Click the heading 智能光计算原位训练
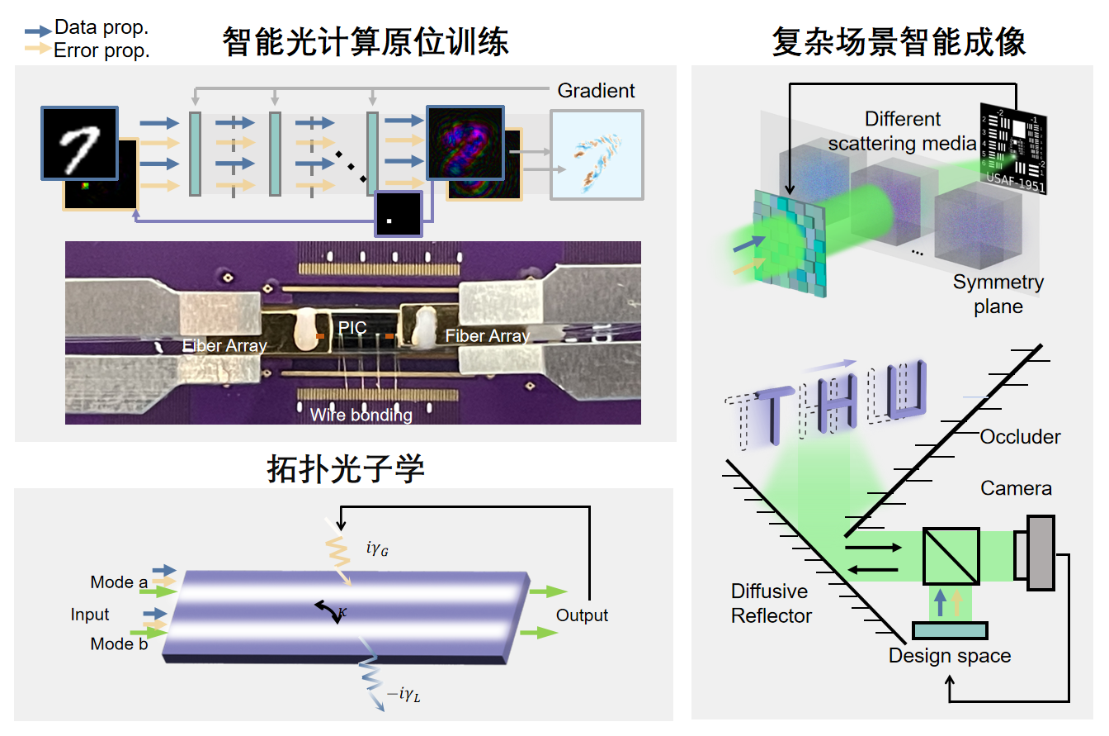[x=365, y=42]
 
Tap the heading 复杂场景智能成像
[x=899, y=42]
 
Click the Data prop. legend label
[x=101, y=27]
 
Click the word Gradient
[x=596, y=90]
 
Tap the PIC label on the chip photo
[x=352, y=328]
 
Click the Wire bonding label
[x=361, y=415]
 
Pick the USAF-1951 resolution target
[x=1012, y=149]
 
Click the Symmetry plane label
[x=998, y=294]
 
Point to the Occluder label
[x=1020, y=437]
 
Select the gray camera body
[x=1041, y=552]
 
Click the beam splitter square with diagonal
[x=951, y=555]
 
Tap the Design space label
[x=949, y=656]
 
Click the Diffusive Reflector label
[x=772, y=603]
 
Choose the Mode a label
[x=119, y=582]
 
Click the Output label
[x=582, y=615]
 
